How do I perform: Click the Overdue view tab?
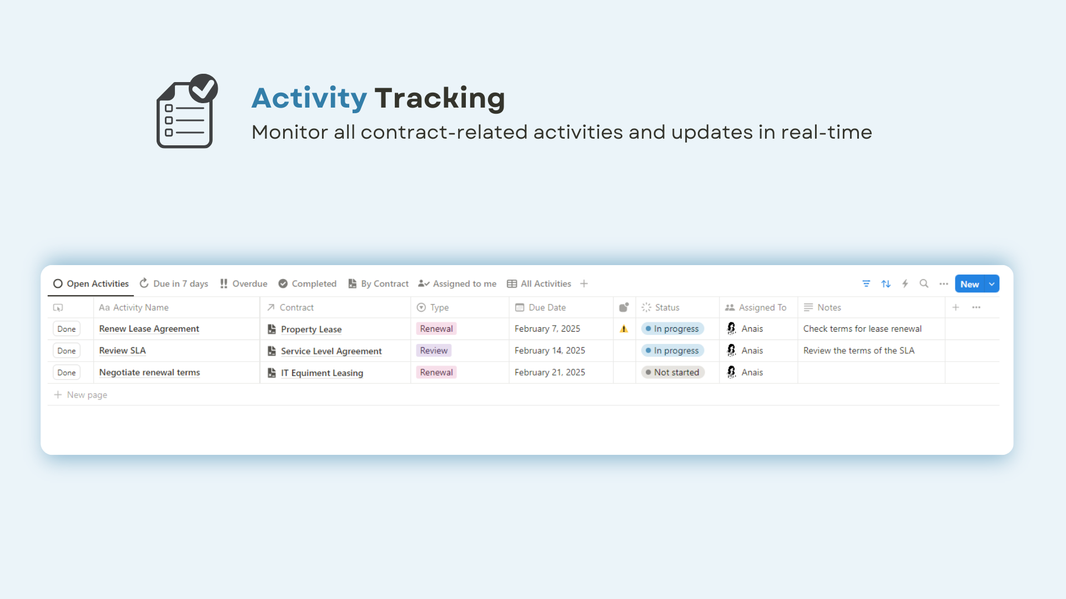(x=243, y=283)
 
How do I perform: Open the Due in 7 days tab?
(x=174, y=283)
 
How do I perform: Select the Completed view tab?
(x=308, y=283)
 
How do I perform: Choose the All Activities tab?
(x=539, y=283)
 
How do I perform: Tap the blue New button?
(x=969, y=284)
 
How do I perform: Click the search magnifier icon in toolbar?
(x=924, y=283)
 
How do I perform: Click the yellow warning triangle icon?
(x=624, y=329)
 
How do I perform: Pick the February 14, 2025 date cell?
(x=550, y=351)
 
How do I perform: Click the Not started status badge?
(x=672, y=372)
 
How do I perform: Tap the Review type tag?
(x=434, y=351)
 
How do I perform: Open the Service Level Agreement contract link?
(x=331, y=351)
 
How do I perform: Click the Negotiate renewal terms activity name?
(x=149, y=372)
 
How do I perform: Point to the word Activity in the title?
(x=309, y=98)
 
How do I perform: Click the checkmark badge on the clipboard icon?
(x=204, y=88)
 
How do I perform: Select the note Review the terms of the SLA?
(x=859, y=351)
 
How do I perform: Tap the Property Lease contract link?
(x=311, y=329)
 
